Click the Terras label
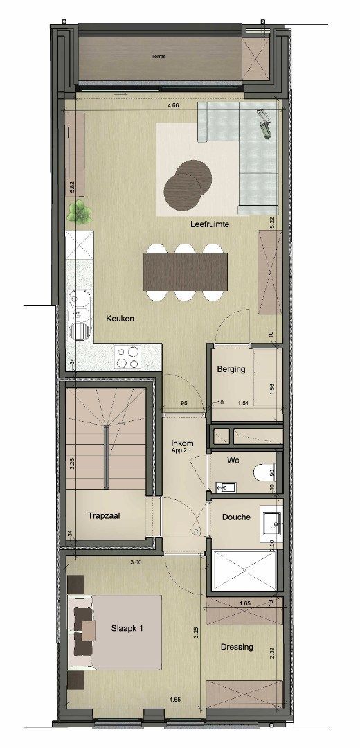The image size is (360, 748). point(159,57)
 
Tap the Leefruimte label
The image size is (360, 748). point(210,225)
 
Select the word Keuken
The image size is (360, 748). point(120,319)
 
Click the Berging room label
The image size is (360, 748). point(231,369)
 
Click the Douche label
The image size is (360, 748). point(236,517)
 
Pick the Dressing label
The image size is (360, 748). point(237,648)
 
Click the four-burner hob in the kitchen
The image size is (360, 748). point(128,358)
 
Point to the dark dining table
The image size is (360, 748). point(185,272)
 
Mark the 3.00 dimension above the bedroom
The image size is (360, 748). point(135,563)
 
